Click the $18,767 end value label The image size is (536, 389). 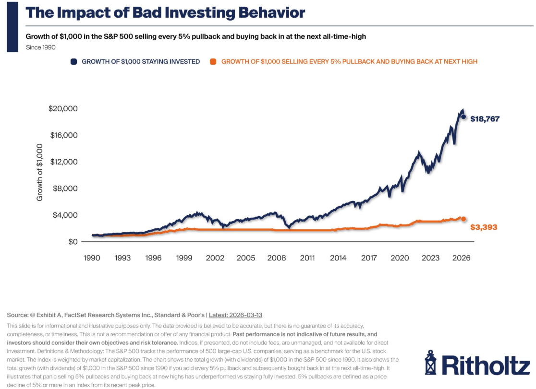click(485, 118)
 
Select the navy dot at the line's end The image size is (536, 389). click(463, 117)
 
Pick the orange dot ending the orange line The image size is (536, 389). click(463, 219)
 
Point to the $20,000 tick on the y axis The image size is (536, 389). click(63, 108)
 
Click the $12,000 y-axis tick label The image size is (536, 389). click(63, 162)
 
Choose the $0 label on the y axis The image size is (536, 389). click(73, 241)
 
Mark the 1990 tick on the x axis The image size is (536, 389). click(92, 258)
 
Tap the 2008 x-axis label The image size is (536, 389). click(277, 258)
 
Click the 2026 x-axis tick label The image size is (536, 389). click(461, 258)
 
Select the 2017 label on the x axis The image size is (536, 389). click(369, 258)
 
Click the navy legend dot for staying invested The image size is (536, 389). click(74, 61)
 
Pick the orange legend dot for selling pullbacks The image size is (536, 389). click(213, 61)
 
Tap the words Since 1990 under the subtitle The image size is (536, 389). click(41, 47)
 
